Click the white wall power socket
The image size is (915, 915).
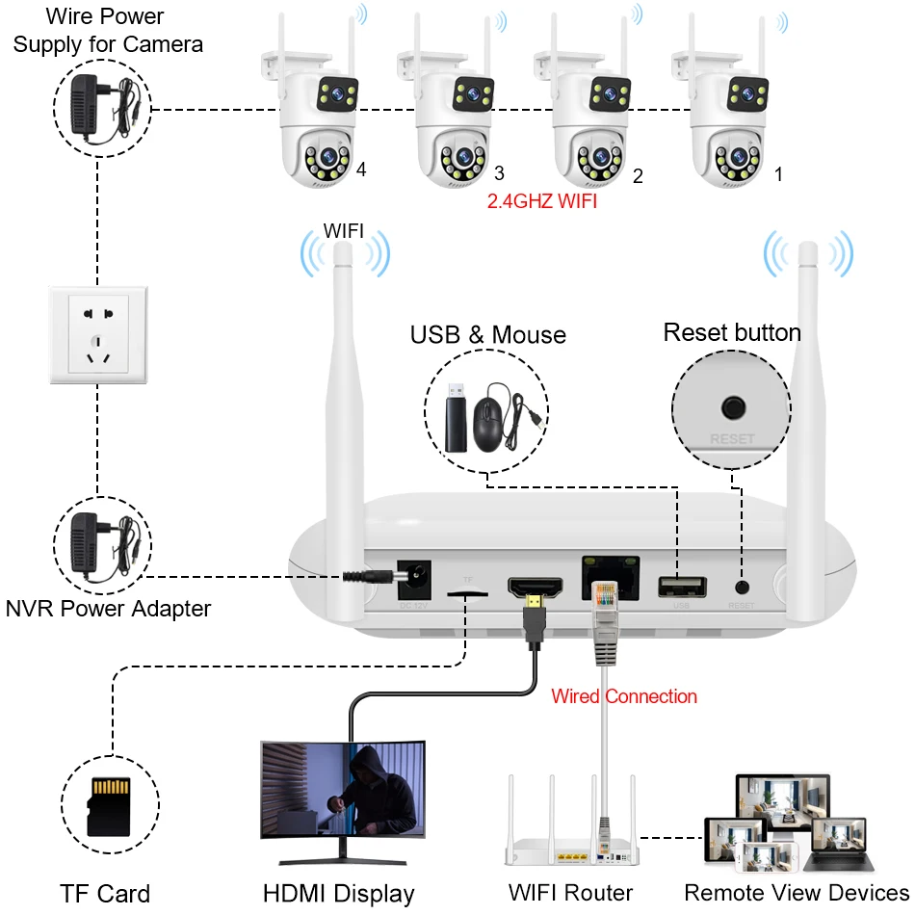tap(97, 334)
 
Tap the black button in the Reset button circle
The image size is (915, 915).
tap(734, 406)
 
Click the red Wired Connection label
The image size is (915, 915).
tap(623, 695)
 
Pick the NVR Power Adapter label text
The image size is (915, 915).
tap(108, 608)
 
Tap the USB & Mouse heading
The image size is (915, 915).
tap(487, 335)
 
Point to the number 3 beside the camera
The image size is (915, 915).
tap(498, 173)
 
